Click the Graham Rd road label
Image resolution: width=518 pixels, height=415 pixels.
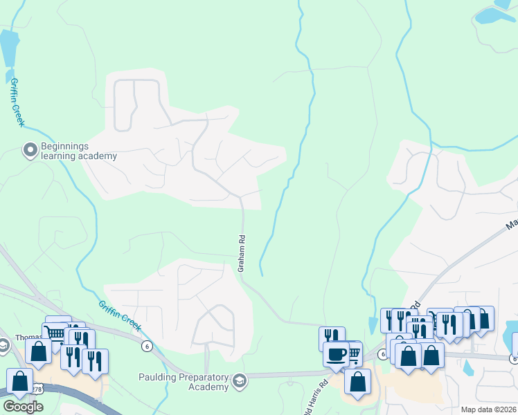coord(242,253)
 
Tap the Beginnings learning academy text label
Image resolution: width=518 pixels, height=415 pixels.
coord(79,151)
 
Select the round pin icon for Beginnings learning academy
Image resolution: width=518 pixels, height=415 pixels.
coord(30,150)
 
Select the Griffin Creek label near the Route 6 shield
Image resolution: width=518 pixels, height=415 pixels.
coord(120,315)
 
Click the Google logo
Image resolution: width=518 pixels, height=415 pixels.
coord(23,407)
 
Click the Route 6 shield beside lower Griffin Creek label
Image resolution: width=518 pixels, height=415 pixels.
coord(146,345)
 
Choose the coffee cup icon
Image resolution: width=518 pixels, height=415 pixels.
coord(336,354)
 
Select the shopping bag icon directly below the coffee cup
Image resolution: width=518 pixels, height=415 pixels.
coord(357,381)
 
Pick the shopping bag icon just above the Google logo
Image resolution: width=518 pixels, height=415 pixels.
coord(19,380)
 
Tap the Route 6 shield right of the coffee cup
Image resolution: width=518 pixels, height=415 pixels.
coord(382,353)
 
